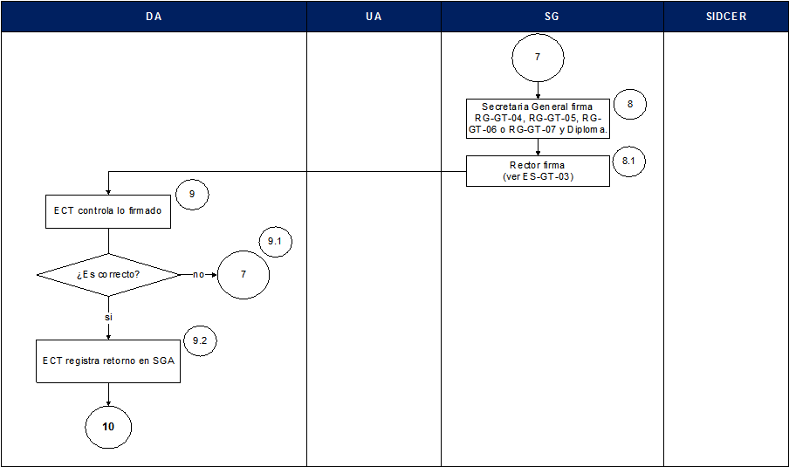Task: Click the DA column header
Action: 154,17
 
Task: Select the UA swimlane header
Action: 374,17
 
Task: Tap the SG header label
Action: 552,17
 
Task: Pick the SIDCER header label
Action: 726,17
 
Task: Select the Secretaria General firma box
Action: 538,118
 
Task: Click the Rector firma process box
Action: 538,171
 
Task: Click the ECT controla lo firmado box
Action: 108,211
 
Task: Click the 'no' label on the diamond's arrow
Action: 198,275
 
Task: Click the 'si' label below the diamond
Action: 108,318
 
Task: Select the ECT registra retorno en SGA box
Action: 108,361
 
